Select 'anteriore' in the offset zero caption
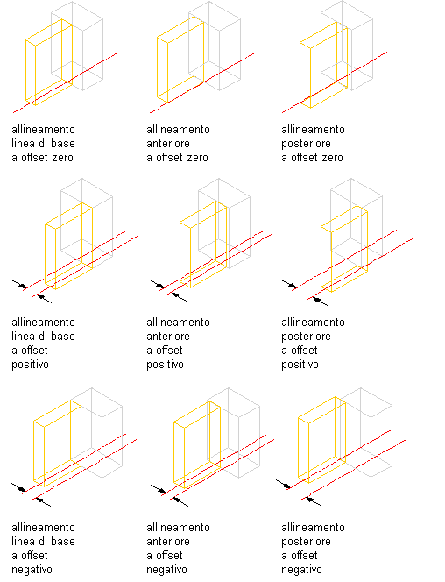[168, 143]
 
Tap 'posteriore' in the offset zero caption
[306, 144]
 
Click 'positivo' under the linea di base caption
[30, 365]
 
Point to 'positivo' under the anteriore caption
[165, 365]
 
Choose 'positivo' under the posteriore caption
[300, 365]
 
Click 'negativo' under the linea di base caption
[32, 570]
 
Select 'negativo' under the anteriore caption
[166, 570]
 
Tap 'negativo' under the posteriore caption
[302, 570]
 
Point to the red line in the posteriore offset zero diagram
[335, 82]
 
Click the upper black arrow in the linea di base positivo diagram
[19, 284]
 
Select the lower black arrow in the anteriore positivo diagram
[179, 296]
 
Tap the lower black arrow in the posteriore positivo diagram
[320, 301]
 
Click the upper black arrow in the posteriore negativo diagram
[283, 484]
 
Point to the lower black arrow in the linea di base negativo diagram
[44, 502]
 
